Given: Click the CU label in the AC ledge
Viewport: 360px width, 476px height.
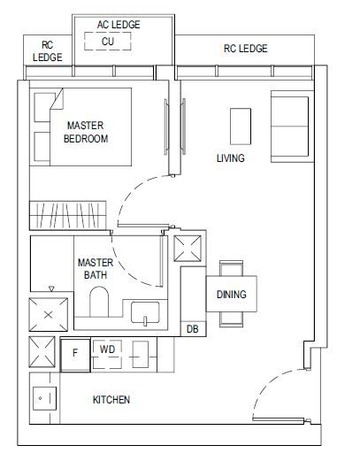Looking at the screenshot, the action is [x=108, y=42].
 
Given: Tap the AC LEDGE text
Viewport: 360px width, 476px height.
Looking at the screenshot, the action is [x=119, y=25].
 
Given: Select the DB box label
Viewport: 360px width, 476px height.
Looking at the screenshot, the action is [x=193, y=329].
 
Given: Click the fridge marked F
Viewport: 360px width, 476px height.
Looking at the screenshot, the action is [x=75, y=355].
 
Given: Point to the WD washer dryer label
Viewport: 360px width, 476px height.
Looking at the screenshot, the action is [x=107, y=349].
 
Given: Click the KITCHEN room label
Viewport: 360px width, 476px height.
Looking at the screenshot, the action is [x=111, y=400].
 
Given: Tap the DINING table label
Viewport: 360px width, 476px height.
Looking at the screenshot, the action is [x=231, y=294].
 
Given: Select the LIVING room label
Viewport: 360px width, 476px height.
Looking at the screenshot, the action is [x=230, y=157].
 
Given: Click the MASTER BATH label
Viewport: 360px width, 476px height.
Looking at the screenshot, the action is [x=96, y=269].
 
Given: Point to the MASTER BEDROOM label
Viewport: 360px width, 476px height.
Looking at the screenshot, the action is [x=86, y=132].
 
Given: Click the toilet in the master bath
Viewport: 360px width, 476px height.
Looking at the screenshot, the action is [x=99, y=302].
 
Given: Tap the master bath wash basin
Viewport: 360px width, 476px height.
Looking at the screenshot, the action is [x=145, y=312].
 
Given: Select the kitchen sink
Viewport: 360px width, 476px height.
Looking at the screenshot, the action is [x=44, y=398].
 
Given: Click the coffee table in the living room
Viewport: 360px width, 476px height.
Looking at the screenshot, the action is [x=241, y=127].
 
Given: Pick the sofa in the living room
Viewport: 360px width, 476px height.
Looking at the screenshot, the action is [x=291, y=127].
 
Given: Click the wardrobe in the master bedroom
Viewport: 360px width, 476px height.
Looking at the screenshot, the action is [x=68, y=215].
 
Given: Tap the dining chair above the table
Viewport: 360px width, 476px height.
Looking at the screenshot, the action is [x=231, y=268].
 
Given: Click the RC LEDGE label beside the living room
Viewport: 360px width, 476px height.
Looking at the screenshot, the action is [x=246, y=49].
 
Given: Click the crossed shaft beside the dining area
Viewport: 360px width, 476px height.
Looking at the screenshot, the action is [x=188, y=249].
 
